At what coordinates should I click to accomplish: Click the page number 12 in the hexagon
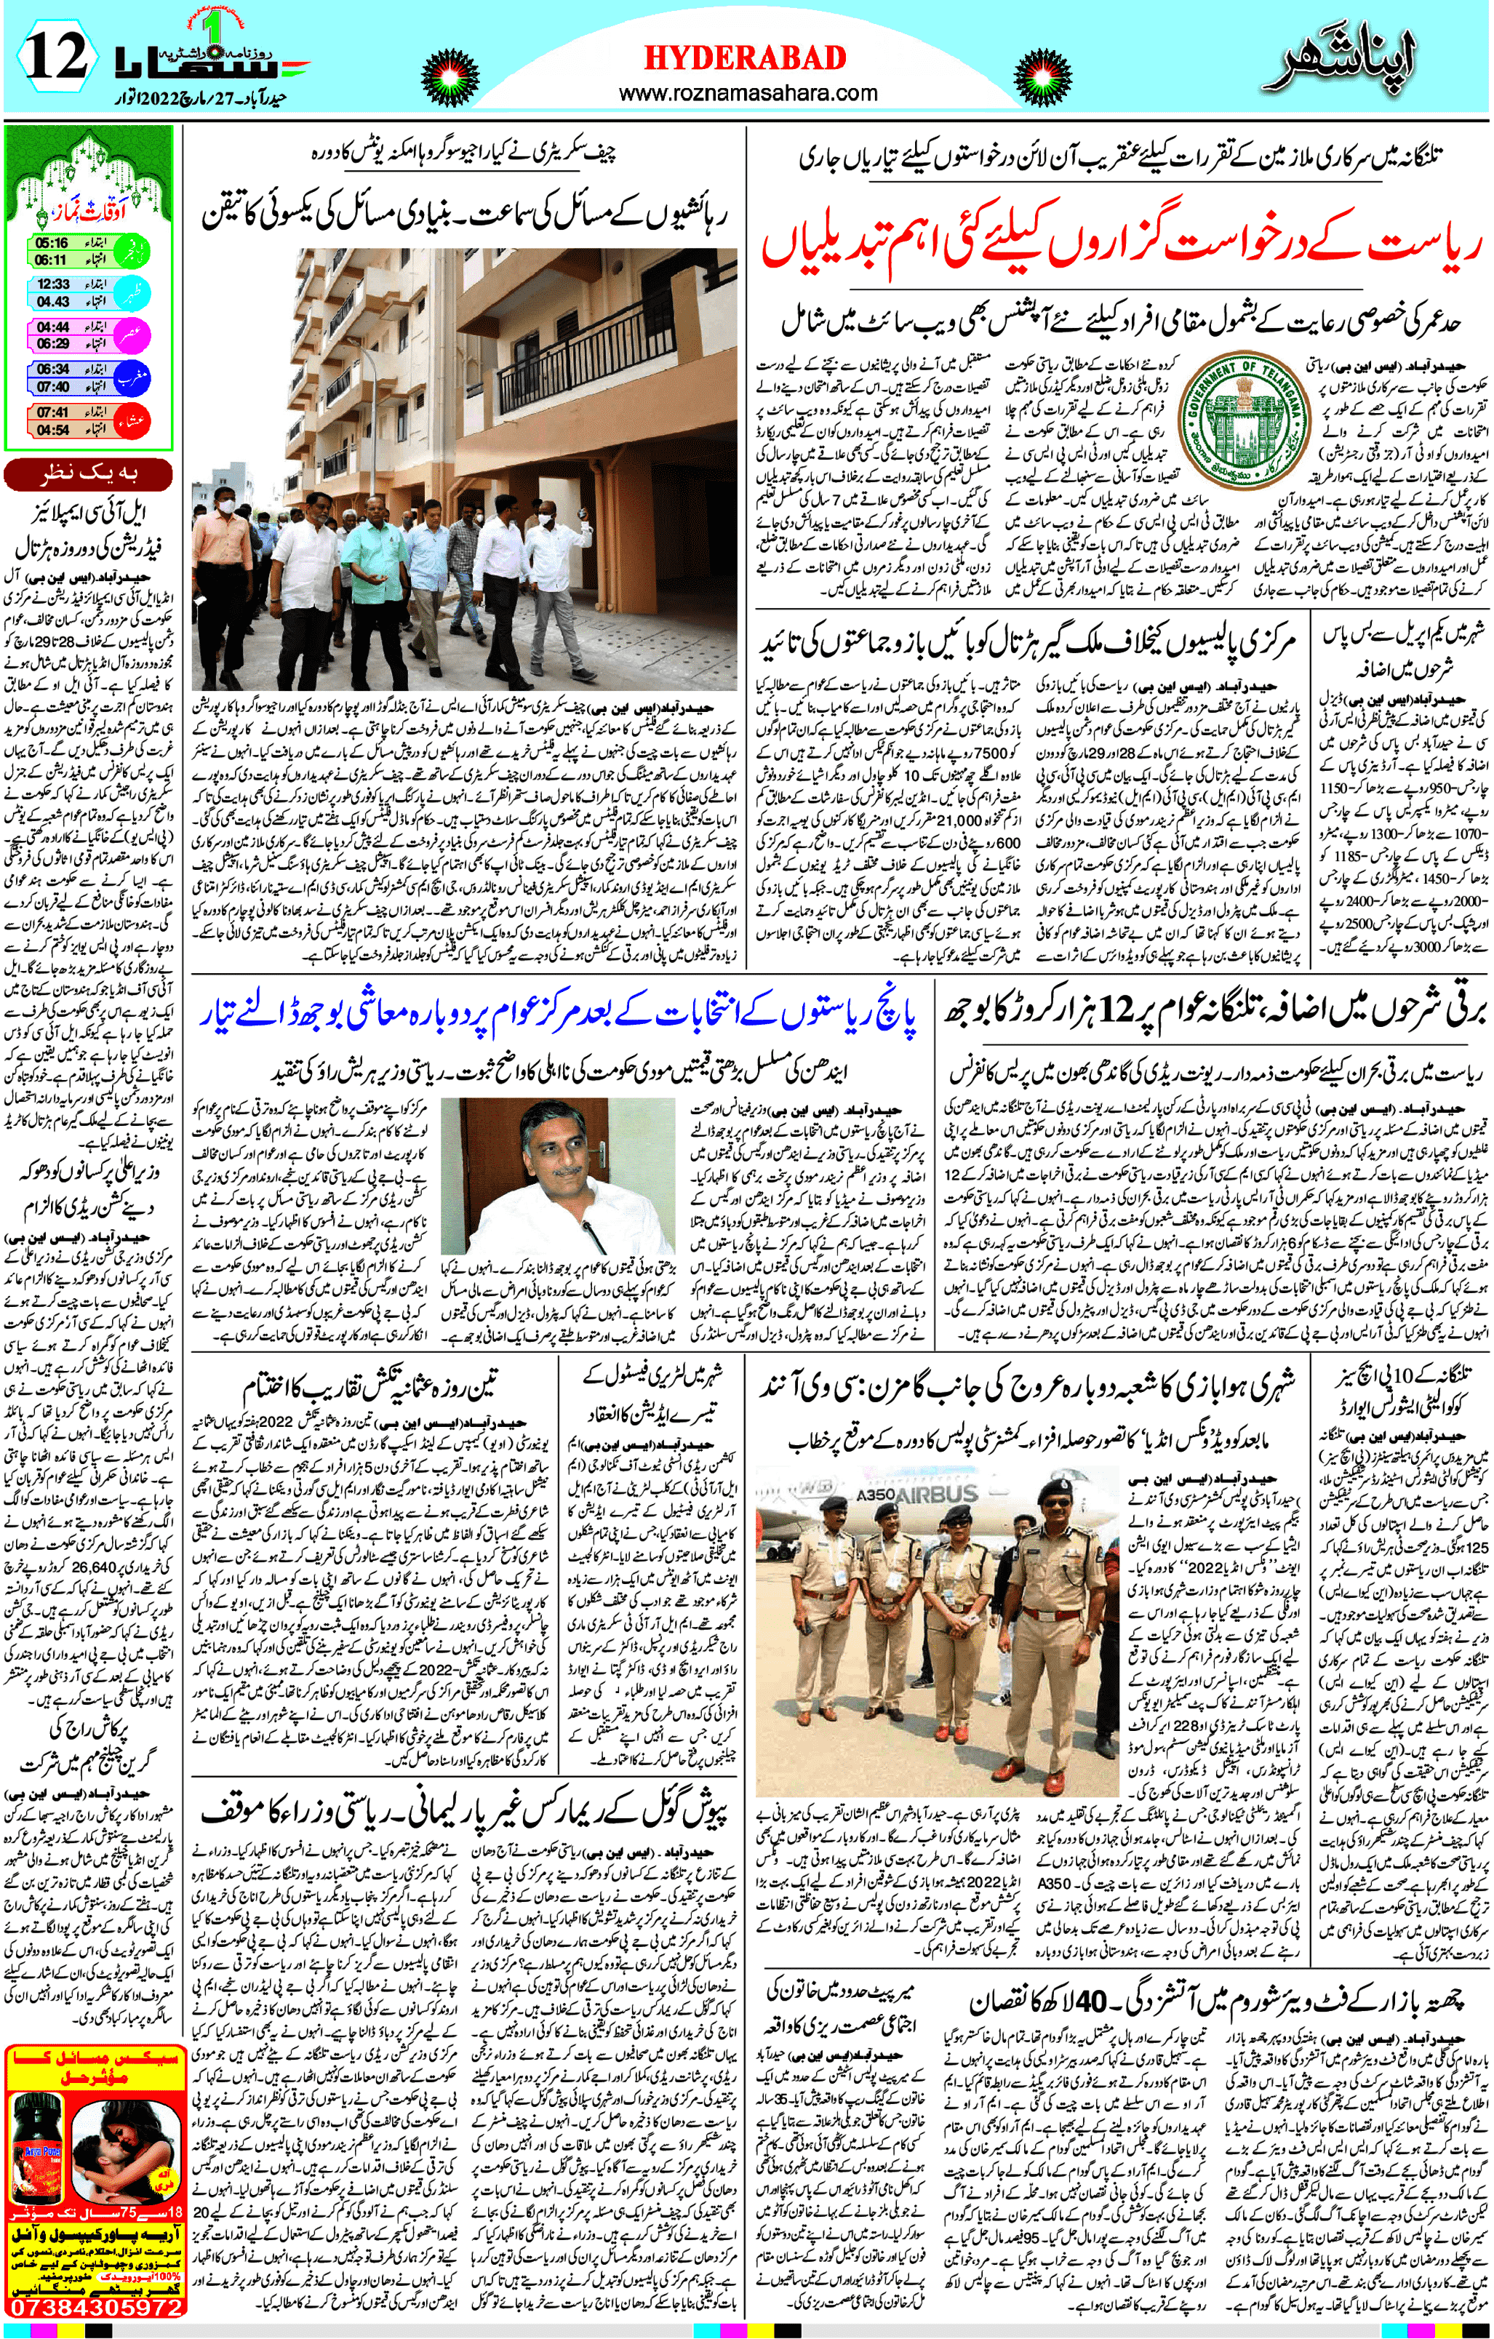coord(56,58)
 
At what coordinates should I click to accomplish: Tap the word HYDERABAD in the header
coord(745,58)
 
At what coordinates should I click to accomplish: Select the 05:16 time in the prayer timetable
coord(52,244)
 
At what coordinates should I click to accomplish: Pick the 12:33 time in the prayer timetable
coord(53,284)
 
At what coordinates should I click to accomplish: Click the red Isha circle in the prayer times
coord(133,420)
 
